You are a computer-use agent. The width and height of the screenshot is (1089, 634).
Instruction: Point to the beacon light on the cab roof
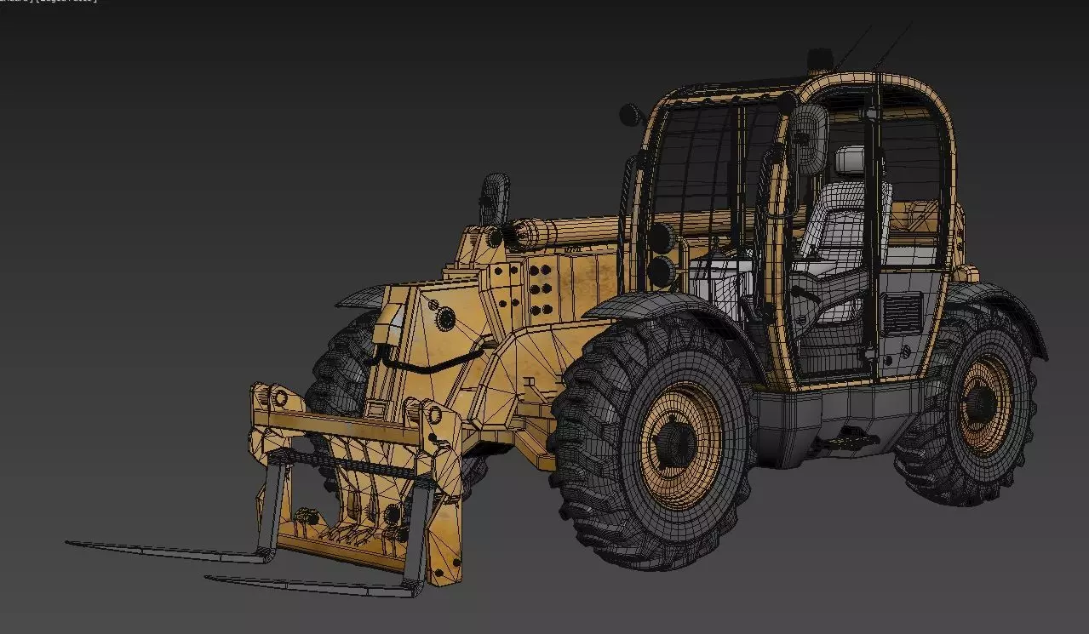(820, 58)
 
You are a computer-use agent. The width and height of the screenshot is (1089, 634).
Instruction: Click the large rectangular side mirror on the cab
(809, 140)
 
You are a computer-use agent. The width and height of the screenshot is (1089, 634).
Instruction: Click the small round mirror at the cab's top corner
(631, 113)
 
